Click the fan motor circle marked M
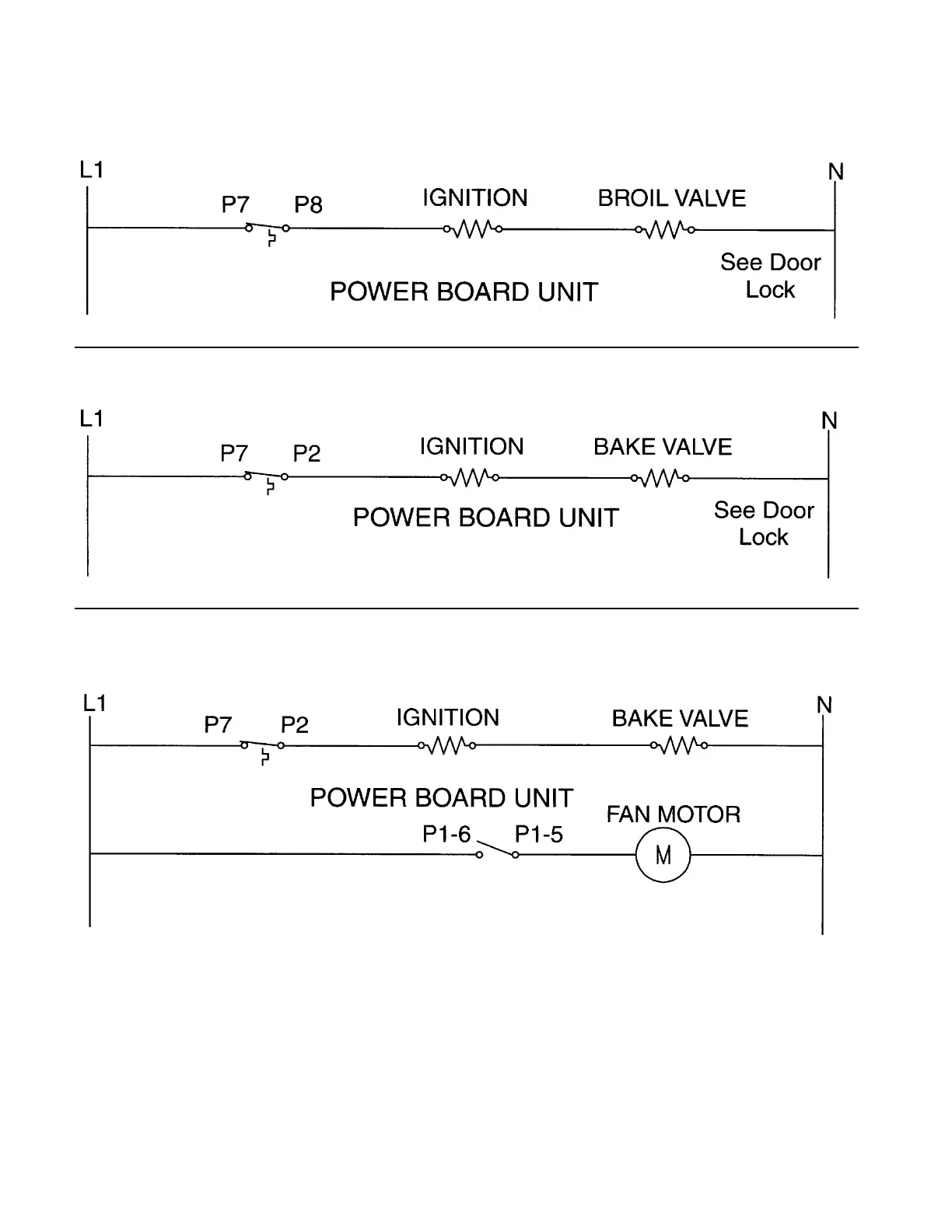pyautogui.click(x=663, y=855)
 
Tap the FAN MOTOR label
pyautogui.click(x=673, y=814)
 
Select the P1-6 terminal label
pyautogui.click(x=446, y=834)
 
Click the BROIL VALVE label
pyautogui.click(x=671, y=198)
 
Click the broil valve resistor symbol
pyautogui.click(x=665, y=229)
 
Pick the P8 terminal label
pyautogui.click(x=308, y=204)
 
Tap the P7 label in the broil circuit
pyautogui.click(x=235, y=204)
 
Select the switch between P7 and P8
pyautogui.click(x=268, y=230)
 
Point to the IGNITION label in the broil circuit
pyautogui.click(x=474, y=198)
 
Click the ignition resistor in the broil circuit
pyautogui.click(x=472, y=229)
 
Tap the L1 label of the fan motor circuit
pyautogui.click(x=93, y=703)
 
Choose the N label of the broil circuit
pyautogui.click(x=836, y=172)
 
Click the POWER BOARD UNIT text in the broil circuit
pyautogui.click(x=464, y=292)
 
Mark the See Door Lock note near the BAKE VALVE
pyautogui.click(x=764, y=523)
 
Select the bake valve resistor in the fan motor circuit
pyautogui.click(x=679, y=746)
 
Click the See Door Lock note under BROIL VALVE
pyautogui.click(x=770, y=276)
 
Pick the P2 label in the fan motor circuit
pyautogui.click(x=294, y=725)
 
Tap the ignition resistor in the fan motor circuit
pyautogui.click(x=447, y=746)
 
